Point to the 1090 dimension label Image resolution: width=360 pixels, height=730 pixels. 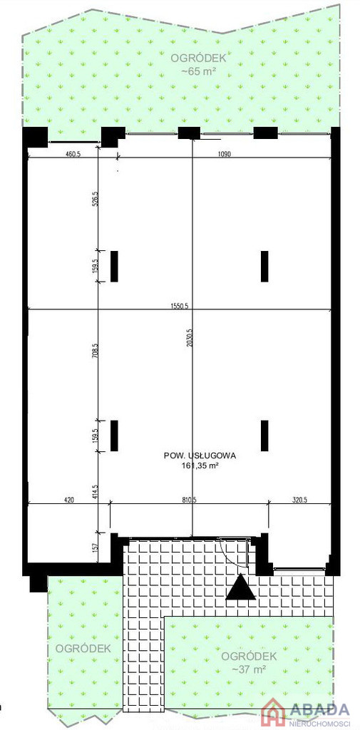(x=224, y=155)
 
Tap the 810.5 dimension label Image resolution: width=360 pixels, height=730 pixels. (x=189, y=500)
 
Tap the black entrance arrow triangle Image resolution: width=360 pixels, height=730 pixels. (x=241, y=588)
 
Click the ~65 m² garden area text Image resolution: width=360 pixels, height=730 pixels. (x=199, y=71)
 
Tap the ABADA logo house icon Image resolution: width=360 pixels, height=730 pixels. (x=274, y=714)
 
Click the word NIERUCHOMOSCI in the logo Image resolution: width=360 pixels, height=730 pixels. (x=320, y=722)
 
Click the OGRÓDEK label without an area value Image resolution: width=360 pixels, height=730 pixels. (x=83, y=648)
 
